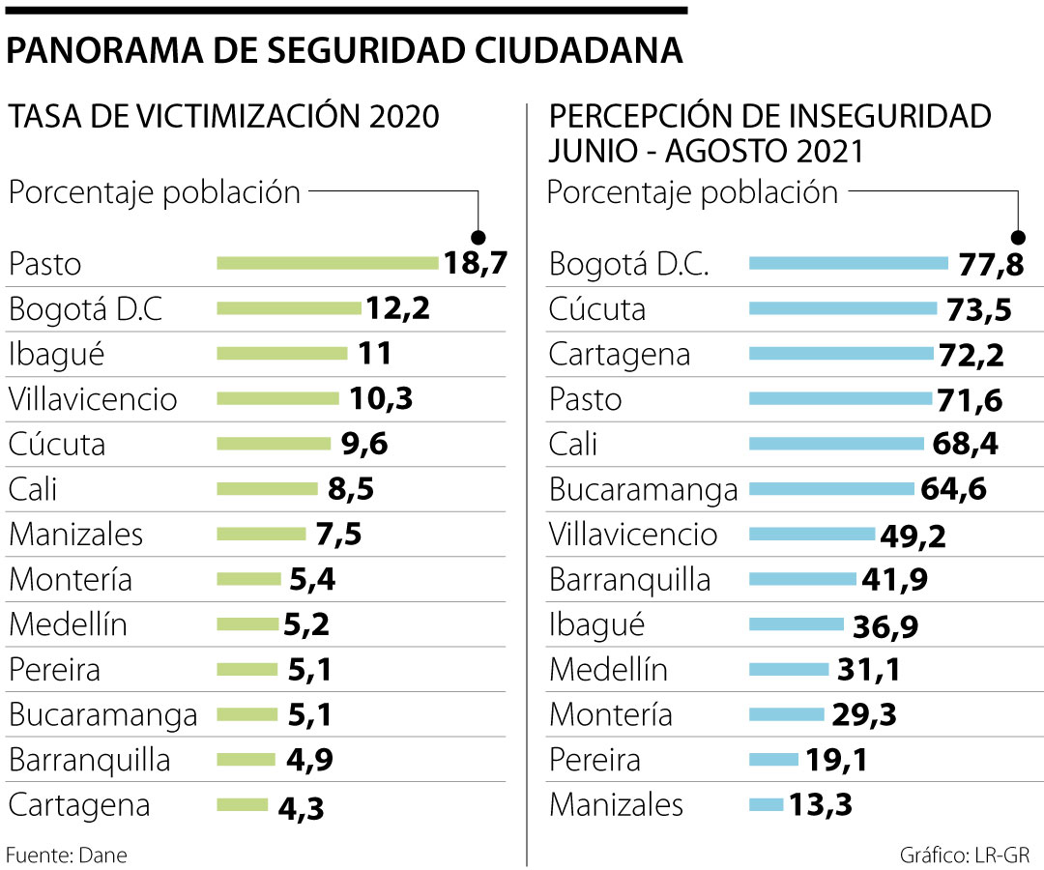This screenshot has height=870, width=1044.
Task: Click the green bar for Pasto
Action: pyautogui.click(x=328, y=263)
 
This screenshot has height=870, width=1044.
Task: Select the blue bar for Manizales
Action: pyautogui.click(x=766, y=804)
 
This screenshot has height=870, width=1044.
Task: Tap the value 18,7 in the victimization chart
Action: pyautogui.click(x=476, y=263)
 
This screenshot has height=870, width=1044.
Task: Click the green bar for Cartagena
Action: pyautogui.click(x=243, y=804)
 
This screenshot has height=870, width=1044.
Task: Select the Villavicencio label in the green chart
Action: pyautogui.click(x=93, y=399)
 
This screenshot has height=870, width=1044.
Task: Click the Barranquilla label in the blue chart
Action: pyautogui.click(x=629, y=579)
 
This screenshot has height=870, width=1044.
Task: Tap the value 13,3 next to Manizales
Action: pyautogui.click(x=821, y=804)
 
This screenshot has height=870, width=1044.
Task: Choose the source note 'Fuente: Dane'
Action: pyautogui.click(x=67, y=855)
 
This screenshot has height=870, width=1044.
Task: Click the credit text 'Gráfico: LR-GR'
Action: pyautogui.click(x=964, y=855)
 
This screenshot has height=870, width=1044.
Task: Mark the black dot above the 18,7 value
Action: pyautogui.click(x=478, y=237)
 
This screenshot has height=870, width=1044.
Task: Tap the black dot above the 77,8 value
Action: pyautogui.click(x=1017, y=237)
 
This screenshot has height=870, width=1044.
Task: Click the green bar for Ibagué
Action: pyautogui.click(x=281, y=354)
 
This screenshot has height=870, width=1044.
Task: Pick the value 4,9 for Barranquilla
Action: pyautogui.click(x=311, y=760)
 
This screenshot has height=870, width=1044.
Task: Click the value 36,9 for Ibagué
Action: pyautogui.click(x=885, y=625)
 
